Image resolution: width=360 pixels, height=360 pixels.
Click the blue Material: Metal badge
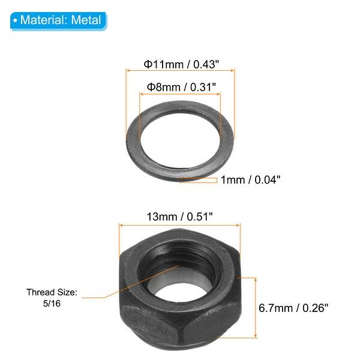tap(58, 20)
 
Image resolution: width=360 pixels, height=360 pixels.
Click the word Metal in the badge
tap(86, 20)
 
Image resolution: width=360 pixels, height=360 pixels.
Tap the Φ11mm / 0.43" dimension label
tap(181, 63)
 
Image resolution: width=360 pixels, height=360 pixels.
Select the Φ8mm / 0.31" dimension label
tap(180, 86)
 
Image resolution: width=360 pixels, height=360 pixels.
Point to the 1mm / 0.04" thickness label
tap(250, 179)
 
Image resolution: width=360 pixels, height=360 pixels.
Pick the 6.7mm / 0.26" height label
tap(294, 308)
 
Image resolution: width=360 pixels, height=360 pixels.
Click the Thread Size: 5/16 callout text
tap(52, 298)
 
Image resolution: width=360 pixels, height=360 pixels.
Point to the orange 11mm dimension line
tap(180, 71)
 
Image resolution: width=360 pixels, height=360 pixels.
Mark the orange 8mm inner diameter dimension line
tap(180, 94)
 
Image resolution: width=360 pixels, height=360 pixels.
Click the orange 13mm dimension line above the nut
tap(179, 224)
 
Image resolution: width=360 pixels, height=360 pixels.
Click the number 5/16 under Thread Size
tap(52, 304)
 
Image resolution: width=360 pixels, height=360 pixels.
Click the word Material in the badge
tap(44, 20)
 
